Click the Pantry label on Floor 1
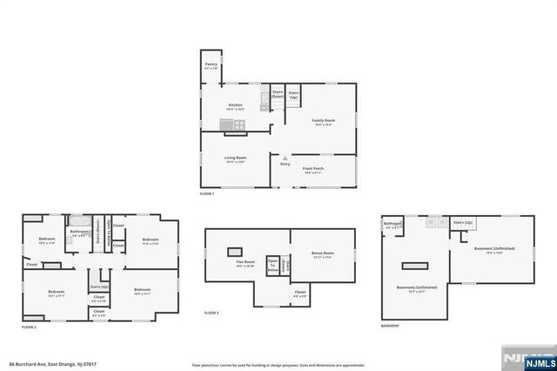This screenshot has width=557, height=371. (211, 64)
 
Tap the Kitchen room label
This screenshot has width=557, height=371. (235, 106)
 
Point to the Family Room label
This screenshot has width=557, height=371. (324, 121)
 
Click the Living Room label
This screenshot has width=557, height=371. (235, 159)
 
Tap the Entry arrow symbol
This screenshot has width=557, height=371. (285, 157)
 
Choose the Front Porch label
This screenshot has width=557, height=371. (313, 169)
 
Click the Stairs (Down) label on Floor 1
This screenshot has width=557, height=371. (278, 93)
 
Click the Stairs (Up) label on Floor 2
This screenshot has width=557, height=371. (98, 286)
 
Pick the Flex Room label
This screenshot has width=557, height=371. (245, 262)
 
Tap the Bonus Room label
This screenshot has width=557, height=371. (323, 254)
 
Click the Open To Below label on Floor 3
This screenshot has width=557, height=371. (272, 266)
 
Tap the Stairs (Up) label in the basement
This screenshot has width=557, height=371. (462, 223)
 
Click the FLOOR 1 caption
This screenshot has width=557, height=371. (206, 193)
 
